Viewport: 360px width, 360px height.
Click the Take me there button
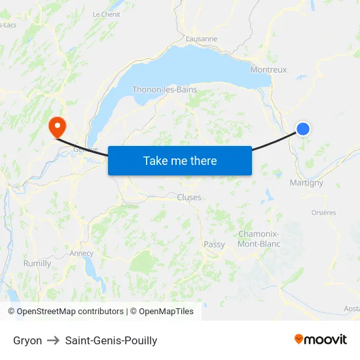click(x=180, y=160)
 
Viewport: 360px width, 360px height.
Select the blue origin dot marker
click(x=303, y=129)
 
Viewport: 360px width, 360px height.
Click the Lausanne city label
click(x=202, y=39)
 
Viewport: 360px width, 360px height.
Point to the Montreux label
click(x=268, y=69)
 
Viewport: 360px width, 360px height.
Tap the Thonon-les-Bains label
click(x=164, y=90)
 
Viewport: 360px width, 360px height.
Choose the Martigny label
click(x=306, y=183)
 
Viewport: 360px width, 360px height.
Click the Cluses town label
click(x=189, y=197)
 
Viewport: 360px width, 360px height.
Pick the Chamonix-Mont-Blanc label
click(x=259, y=239)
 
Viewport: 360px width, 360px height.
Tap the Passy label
click(x=214, y=244)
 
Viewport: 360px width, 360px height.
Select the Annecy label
click(x=81, y=253)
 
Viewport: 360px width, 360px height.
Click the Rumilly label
click(x=37, y=264)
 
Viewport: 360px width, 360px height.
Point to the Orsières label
click(x=323, y=212)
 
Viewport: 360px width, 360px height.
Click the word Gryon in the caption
click(x=27, y=340)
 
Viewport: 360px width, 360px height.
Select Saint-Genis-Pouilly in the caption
click(x=111, y=340)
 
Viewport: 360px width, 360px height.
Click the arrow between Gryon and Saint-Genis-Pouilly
click(x=54, y=340)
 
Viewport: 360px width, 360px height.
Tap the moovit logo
click(x=320, y=339)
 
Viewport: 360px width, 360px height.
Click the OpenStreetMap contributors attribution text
click(x=70, y=312)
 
